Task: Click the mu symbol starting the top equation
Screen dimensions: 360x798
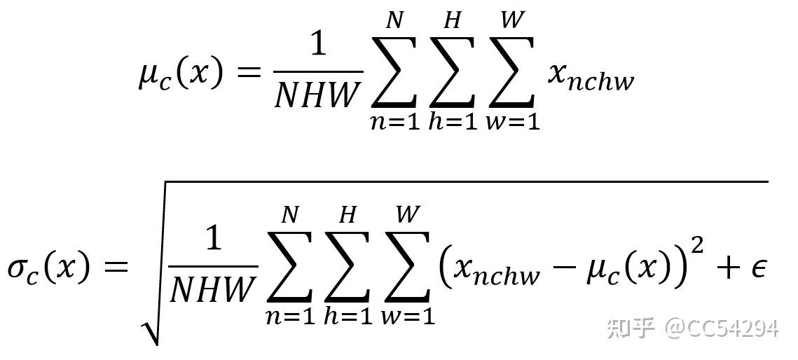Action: (149, 74)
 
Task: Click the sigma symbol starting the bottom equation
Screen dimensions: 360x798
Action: (20, 269)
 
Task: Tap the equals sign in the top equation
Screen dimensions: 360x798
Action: (249, 72)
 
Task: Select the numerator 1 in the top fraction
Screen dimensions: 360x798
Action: (319, 44)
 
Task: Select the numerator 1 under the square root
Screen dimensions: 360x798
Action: (213, 240)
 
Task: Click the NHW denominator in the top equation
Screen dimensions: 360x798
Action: (317, 94)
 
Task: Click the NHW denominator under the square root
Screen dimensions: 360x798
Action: (212, 289)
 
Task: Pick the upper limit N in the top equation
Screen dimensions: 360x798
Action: (395, 21)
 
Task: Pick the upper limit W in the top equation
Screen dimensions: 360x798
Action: (513, 21)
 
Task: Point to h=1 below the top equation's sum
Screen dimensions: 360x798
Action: (453, 120)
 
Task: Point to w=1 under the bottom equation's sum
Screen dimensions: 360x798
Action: (408, 315)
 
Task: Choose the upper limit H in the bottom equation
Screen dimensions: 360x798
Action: (348, 215)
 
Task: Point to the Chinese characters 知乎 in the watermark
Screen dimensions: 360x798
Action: (630, 327)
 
